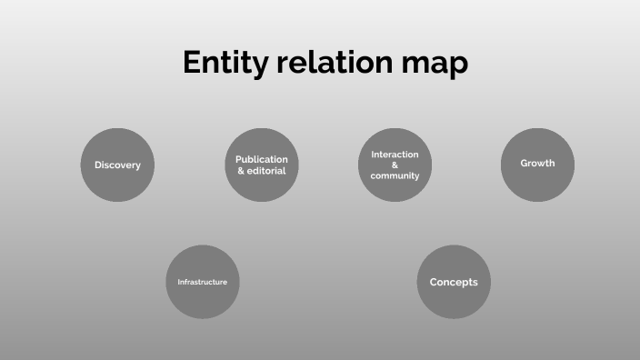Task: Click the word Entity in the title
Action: point(223,63)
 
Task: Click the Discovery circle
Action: point(117,165)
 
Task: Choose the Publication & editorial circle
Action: point(262,165)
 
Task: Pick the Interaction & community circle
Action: point(395,165)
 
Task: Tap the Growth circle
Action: point(537,164)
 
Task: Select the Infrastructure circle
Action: point(202,282)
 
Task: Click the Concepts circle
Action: point(454,282)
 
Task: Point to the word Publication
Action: point(262,159)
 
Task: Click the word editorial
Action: point(267,171)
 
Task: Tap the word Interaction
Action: point(395,155)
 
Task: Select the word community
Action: point(395,175)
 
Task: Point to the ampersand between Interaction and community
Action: point(395,165)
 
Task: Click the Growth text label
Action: point(537,164)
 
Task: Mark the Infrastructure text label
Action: point(202,282)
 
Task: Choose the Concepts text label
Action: point(454,282)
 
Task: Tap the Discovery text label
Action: point(117,165)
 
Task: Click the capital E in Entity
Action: point(192,63)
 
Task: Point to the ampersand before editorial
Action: point(241,171)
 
